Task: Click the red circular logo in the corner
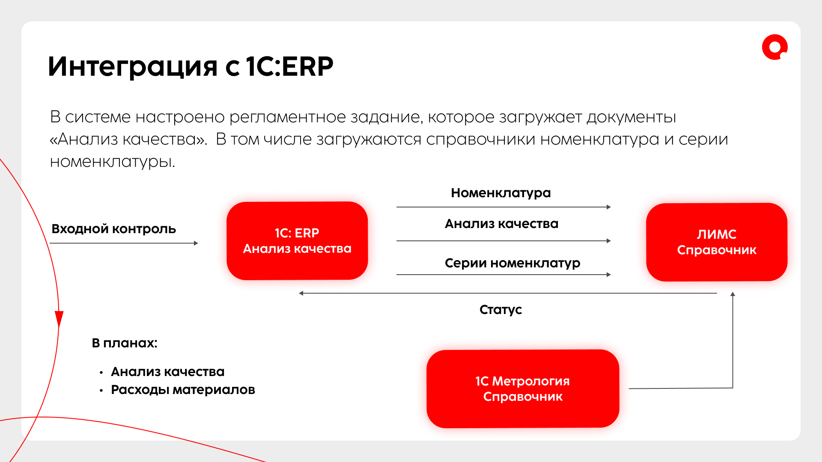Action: (x=774, y=47)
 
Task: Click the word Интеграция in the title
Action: (x=133, y=67)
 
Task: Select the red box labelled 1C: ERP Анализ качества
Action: (x=297, y=241)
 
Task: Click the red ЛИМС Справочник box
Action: (x=716, y=242)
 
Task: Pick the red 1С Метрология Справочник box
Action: (x=523, y=388)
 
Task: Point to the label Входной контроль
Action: (x=113, y=229)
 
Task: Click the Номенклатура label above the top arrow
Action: (x=500, y=193)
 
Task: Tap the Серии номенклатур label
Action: (x=512, y=263)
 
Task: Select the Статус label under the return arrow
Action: (x=500, y=310)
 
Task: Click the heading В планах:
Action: (x=125, y=343)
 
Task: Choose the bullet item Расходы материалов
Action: (x=183, y=390)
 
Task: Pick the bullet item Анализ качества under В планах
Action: (x=167, y=372)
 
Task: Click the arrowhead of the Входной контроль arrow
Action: (x=196, y=243)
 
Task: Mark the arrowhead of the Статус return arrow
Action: (x=301, y=293)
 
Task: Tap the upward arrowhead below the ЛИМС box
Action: (x=733, y=294)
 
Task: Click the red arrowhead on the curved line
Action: (x=59, y=319)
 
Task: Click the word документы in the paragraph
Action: (x=631, y=117)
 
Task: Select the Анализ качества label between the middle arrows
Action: (x=501, y=224)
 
